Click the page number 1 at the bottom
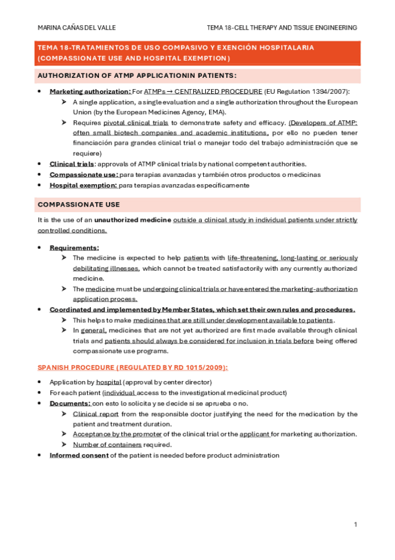pos(355,524)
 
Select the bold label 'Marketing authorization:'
pos(90,90)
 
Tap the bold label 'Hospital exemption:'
pos(83,186)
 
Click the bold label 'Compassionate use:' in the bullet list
pos(84,174)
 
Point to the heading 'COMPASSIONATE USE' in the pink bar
pos(78,205)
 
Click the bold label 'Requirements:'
pos(75,247)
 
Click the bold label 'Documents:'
pos(70,403)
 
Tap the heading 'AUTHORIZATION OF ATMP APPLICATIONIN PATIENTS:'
pos(137,75)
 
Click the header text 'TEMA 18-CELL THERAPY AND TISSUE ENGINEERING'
pos(282,28)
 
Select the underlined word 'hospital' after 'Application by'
pos(108,382)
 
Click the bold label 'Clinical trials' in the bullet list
pos(73,164)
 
